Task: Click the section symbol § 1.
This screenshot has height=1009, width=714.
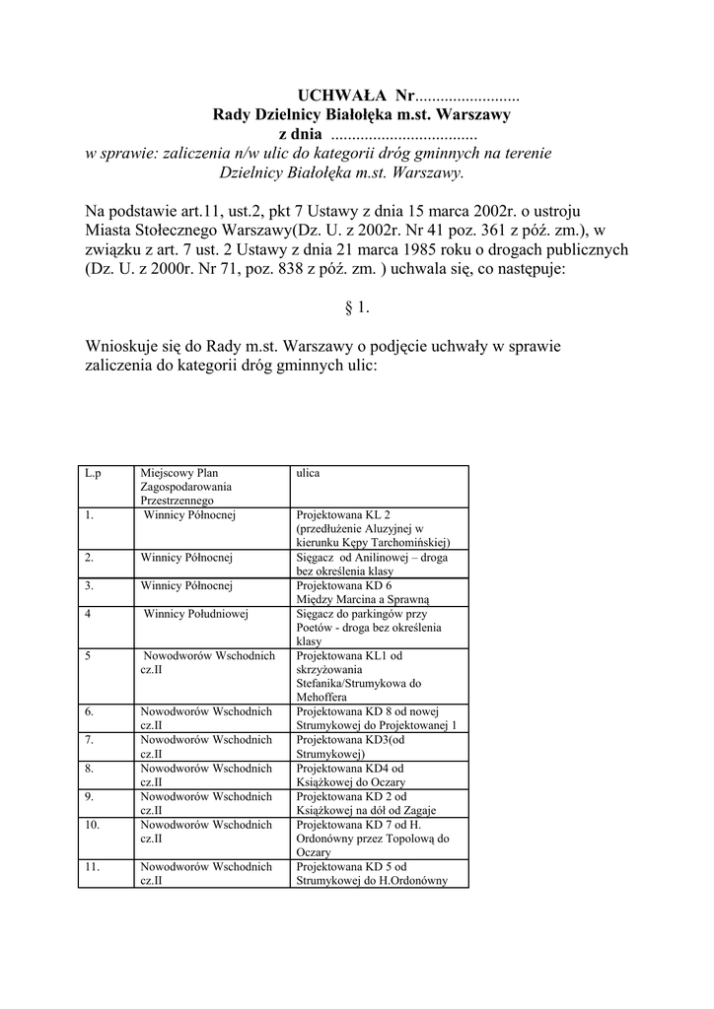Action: (356, 308)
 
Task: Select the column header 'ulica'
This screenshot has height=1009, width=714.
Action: (308, 473)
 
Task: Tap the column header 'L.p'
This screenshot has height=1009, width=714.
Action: (93, 473)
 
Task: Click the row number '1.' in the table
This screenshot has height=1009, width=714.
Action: (90, 514)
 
